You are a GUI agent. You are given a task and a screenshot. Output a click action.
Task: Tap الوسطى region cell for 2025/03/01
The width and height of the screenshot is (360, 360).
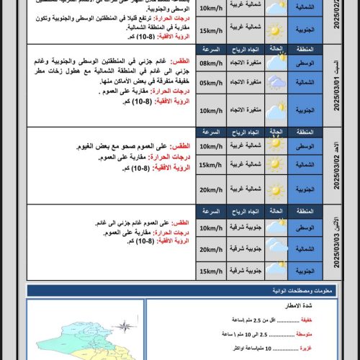pyautogui.click(x=307, y=63)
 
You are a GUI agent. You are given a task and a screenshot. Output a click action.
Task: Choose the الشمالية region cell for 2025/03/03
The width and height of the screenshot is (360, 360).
pyautogui.click(x=307, y=249)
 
